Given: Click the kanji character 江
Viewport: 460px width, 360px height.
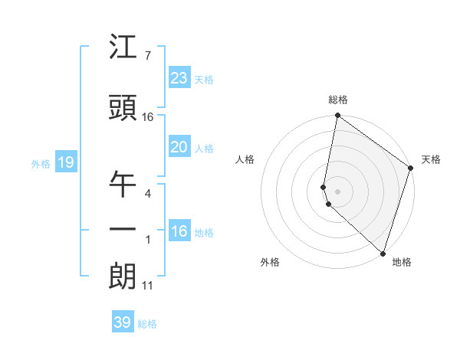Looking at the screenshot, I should [x=123, y=49].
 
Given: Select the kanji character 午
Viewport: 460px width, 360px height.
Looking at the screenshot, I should [x=123, y=185].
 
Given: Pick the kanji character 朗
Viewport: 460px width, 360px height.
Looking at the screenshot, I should [x=123, y=276].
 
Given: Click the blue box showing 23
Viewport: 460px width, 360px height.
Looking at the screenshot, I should [x=179, y=78].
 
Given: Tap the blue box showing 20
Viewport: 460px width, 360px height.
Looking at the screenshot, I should [x=179, y=147].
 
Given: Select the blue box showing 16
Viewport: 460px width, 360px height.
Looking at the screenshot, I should [x=179, y=231].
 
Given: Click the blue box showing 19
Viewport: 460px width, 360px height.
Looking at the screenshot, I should [x=65, y=162].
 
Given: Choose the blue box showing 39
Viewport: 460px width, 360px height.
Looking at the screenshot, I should [x=123, y=322].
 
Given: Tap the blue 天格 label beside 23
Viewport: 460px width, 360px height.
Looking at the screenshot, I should [x=204, y=80].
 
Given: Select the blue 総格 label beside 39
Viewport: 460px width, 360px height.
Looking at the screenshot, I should [x=147, y=324].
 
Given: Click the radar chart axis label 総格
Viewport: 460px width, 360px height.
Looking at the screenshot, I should [x=338, y=100].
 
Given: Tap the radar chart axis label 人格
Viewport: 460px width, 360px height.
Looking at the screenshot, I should [x=245, y=159].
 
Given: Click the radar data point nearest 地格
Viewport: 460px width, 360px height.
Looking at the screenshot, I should [x=383, y=253].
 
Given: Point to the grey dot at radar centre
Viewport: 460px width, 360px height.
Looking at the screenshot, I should [x=338, y=190].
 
